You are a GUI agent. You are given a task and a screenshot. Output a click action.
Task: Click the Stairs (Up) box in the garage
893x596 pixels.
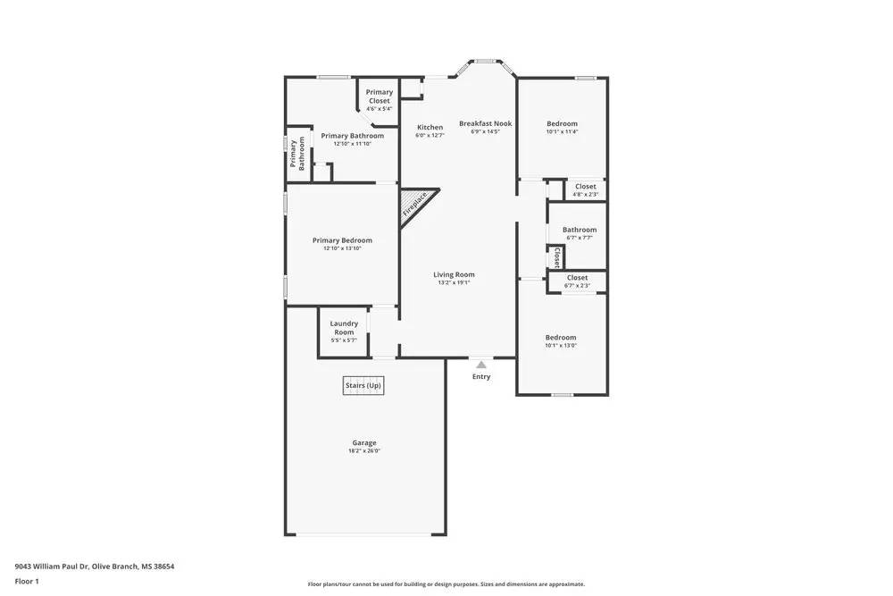pyautogui.click(x=363, y=385)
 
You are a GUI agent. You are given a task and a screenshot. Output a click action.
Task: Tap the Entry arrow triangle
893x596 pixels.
pyautogui.click(x=481, y=365)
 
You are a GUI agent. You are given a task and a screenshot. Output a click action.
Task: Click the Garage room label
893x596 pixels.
pyautogui.click(x=363, y=442)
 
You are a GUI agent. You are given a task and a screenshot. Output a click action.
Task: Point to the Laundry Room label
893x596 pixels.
pyautogui.click(x=344, y=327)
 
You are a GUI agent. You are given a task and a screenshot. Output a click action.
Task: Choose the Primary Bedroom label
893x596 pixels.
pyautogui.click(x=342, y=239)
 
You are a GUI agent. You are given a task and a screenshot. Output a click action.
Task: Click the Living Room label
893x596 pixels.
pyautogui.click(x=454, y=274)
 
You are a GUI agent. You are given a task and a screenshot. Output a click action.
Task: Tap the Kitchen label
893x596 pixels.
pyautogui.click(x=430, y=127)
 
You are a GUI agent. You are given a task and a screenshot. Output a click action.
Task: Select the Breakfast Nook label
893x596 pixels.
pyautogui.click(x=485, y=123)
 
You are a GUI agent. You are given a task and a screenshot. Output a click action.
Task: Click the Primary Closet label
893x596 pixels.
pyautogui.click(x=379, y=97)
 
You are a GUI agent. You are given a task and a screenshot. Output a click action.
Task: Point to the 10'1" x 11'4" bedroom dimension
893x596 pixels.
pyautogui.click(x=562, y=131)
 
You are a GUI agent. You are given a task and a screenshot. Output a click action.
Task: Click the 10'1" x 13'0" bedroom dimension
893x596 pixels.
pyautogui.click(x=561, y=345)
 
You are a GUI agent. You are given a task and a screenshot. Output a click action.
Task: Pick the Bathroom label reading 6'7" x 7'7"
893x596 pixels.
pyautogui.click(x=579, y=230)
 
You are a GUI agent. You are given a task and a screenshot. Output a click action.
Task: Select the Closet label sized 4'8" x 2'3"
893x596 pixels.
pyautogui.click(x=585, y=187)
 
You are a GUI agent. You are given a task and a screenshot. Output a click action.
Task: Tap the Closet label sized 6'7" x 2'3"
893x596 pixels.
pyautogui.click(x=577, y=278)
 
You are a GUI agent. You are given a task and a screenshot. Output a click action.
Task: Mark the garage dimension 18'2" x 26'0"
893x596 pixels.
pyautogui.click(x=363, y=451)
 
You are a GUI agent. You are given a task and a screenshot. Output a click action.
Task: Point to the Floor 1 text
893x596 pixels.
pyautogui.click(x=27, y=581)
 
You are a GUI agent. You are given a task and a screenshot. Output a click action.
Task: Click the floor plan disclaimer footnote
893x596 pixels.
pyautogui.click(x=446, y=584)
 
